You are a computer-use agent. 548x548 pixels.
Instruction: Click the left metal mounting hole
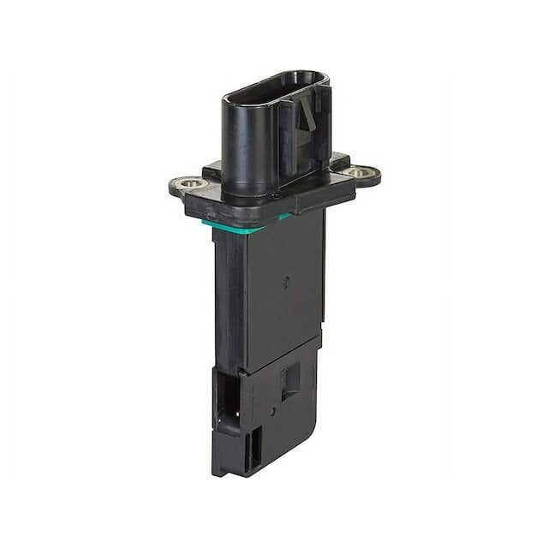coord(190,182)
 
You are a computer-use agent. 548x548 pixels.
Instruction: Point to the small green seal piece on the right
coord(284,217)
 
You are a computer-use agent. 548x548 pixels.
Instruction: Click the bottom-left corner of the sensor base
coord(216,470)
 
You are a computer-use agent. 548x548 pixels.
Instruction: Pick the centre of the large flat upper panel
coord(283,291)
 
